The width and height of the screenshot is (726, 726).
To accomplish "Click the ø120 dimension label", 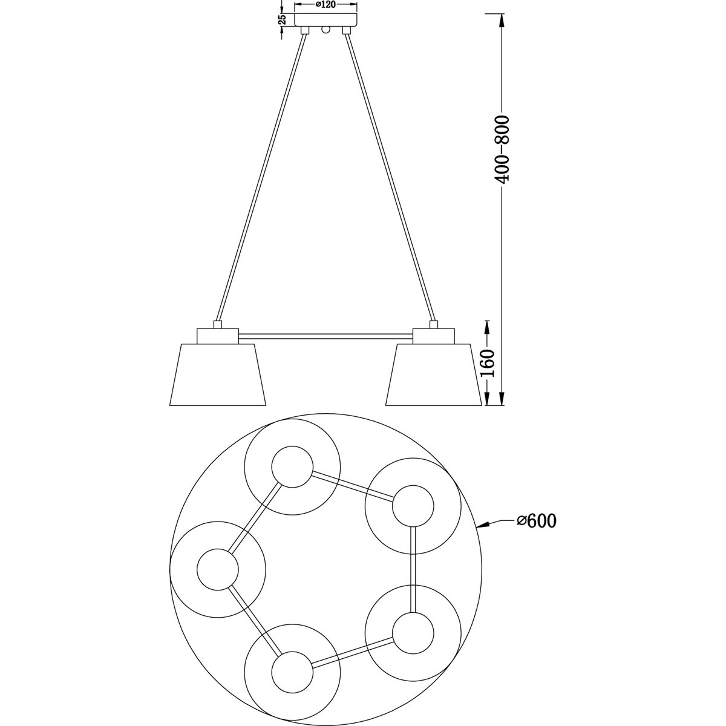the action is pyautogui.click(x=325, y=4).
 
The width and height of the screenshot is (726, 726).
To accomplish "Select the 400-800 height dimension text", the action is pyautogui.click(x=502, y=149).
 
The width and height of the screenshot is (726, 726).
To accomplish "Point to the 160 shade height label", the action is pyautogui.click(x=488, y=364).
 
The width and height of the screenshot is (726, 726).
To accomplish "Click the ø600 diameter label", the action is pyautogui.click(x=537, y=521).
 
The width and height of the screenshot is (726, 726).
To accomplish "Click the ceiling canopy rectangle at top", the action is pyautogui.click(x=325, y=20).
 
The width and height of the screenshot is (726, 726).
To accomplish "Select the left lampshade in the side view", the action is pyautogui.click(x=218, y=374).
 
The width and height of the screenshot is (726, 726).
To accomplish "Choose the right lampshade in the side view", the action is pyautogui.click(x=434, y=374).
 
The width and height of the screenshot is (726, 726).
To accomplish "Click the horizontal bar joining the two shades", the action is pyautogui.click(x=325, y=336).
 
